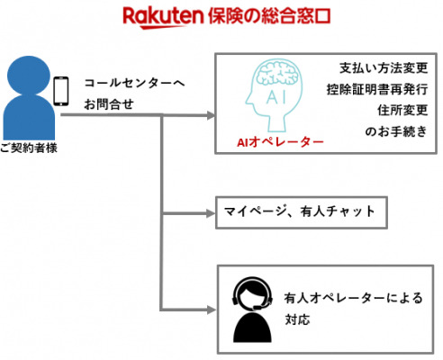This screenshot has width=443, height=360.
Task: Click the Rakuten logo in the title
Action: (163, 17)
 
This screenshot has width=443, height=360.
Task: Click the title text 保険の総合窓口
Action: (269, 16)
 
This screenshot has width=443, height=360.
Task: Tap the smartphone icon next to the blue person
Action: (61, 91)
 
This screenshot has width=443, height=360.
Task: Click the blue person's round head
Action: (29, 75)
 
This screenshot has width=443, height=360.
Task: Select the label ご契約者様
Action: (29, 148)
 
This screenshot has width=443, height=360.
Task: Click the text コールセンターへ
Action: (134, 83)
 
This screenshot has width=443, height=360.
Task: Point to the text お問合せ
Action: (109, 104)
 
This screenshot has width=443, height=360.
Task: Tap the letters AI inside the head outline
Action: (276, 96)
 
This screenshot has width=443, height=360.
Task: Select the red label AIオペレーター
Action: (280, 142)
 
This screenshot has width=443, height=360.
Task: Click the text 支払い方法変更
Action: (384, 68)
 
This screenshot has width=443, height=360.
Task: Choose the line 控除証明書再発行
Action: (377, 89)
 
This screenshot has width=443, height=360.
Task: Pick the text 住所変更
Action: (402, 110)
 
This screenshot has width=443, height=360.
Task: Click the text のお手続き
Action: (396, 131)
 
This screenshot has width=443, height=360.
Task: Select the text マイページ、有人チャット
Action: (300, 211)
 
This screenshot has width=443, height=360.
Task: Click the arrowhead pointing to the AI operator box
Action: (212, 115)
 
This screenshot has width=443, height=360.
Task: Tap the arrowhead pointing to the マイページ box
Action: (212, 213)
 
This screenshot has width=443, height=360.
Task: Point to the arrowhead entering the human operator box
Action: (212, 310)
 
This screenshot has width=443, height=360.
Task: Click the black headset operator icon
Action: (253, 310)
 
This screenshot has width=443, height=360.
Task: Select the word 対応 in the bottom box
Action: (297, 319)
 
